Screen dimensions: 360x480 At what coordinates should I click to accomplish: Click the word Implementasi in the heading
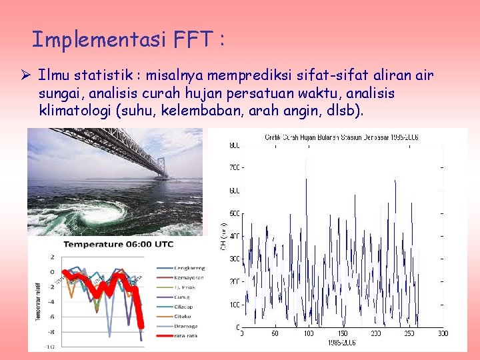98,40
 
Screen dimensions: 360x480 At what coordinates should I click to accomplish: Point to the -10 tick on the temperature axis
50,346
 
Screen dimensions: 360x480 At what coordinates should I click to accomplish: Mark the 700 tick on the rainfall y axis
234,167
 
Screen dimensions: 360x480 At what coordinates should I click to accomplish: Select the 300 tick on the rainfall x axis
443,333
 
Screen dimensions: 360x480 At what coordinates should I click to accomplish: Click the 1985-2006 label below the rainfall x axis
341,343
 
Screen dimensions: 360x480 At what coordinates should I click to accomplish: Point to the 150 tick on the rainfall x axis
341,333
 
